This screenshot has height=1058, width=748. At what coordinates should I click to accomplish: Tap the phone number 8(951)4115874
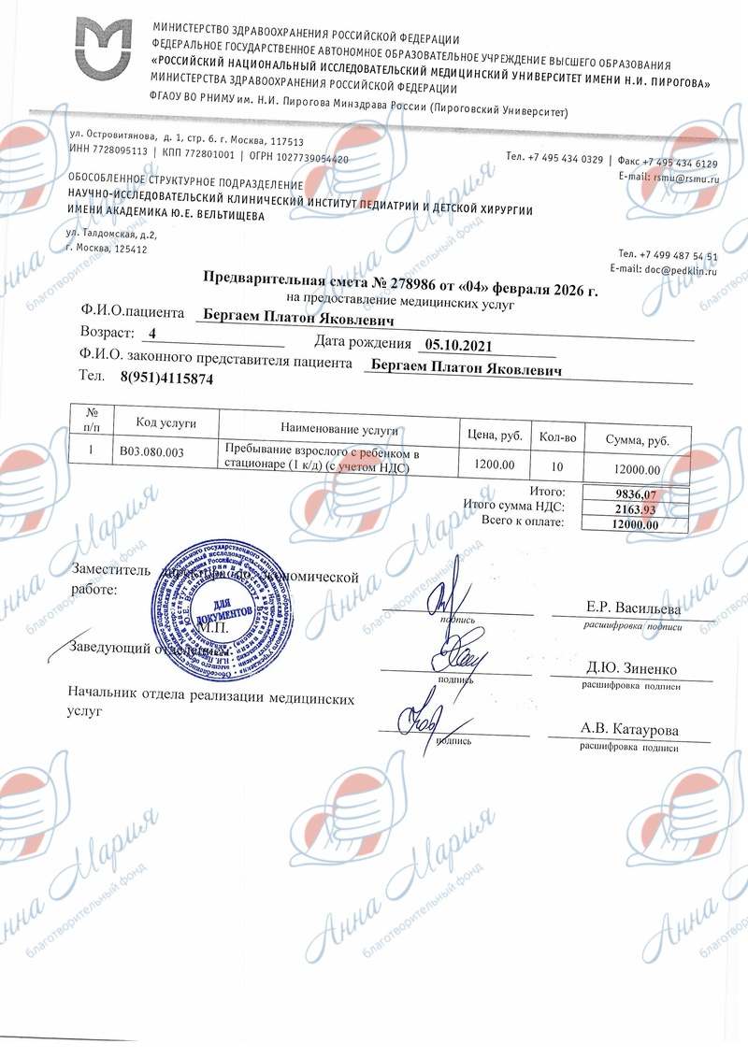(167, 379)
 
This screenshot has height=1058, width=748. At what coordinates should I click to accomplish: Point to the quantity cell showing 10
(558, 465)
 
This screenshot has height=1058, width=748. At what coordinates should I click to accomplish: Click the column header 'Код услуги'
(165, 423)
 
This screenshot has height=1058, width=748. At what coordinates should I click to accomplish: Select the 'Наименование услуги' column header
(339, 431)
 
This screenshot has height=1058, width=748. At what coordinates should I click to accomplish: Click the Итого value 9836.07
(636, 495)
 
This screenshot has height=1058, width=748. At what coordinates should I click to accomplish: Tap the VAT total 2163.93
(636, 509)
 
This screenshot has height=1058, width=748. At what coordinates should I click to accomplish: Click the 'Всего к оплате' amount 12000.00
(635, 524)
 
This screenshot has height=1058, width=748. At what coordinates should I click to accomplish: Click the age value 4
(152, 334)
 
